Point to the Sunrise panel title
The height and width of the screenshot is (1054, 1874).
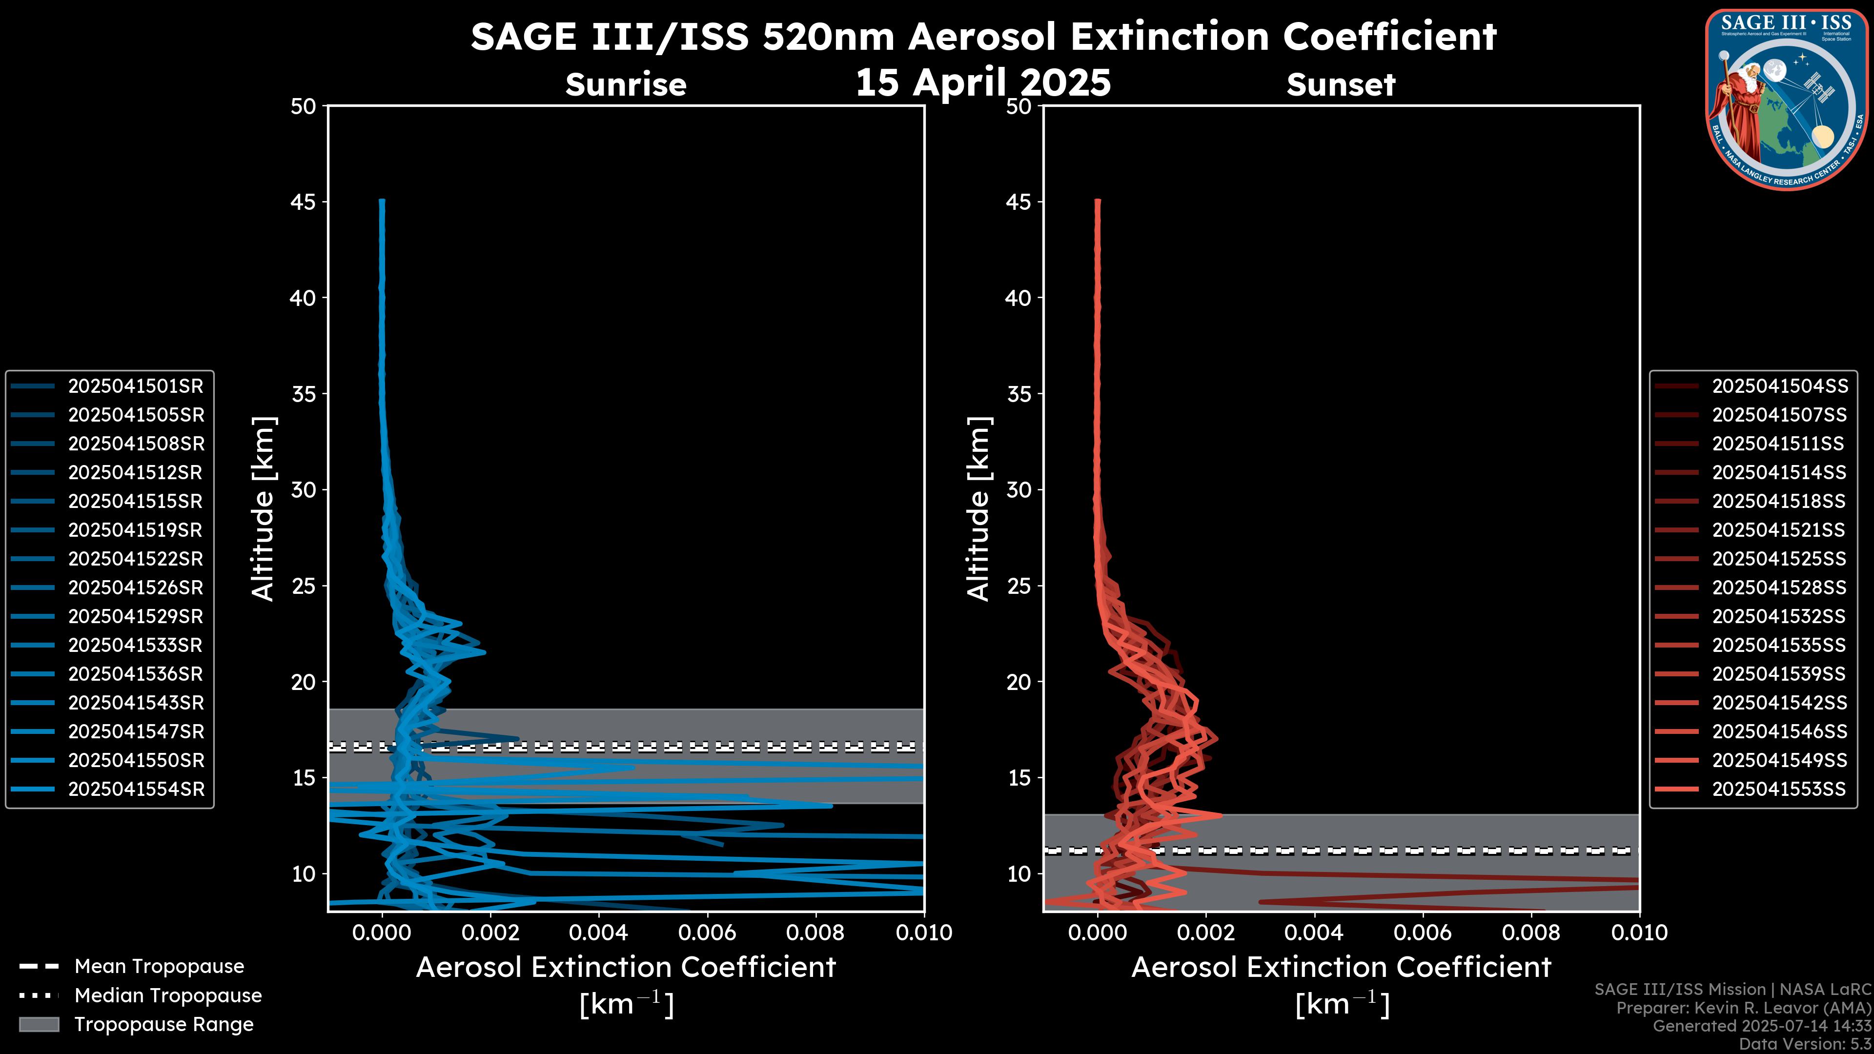(626, 85)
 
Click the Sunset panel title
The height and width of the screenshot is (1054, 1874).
(1341, 85)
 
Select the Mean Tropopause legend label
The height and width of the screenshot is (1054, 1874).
(159, 967)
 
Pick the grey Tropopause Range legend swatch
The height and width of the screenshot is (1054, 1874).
(39, 1024)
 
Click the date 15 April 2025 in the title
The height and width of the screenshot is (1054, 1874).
(983, 82)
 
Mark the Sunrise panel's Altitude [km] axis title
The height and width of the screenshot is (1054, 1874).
(263, 508)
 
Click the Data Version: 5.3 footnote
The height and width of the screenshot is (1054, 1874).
(1804, 1044)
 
